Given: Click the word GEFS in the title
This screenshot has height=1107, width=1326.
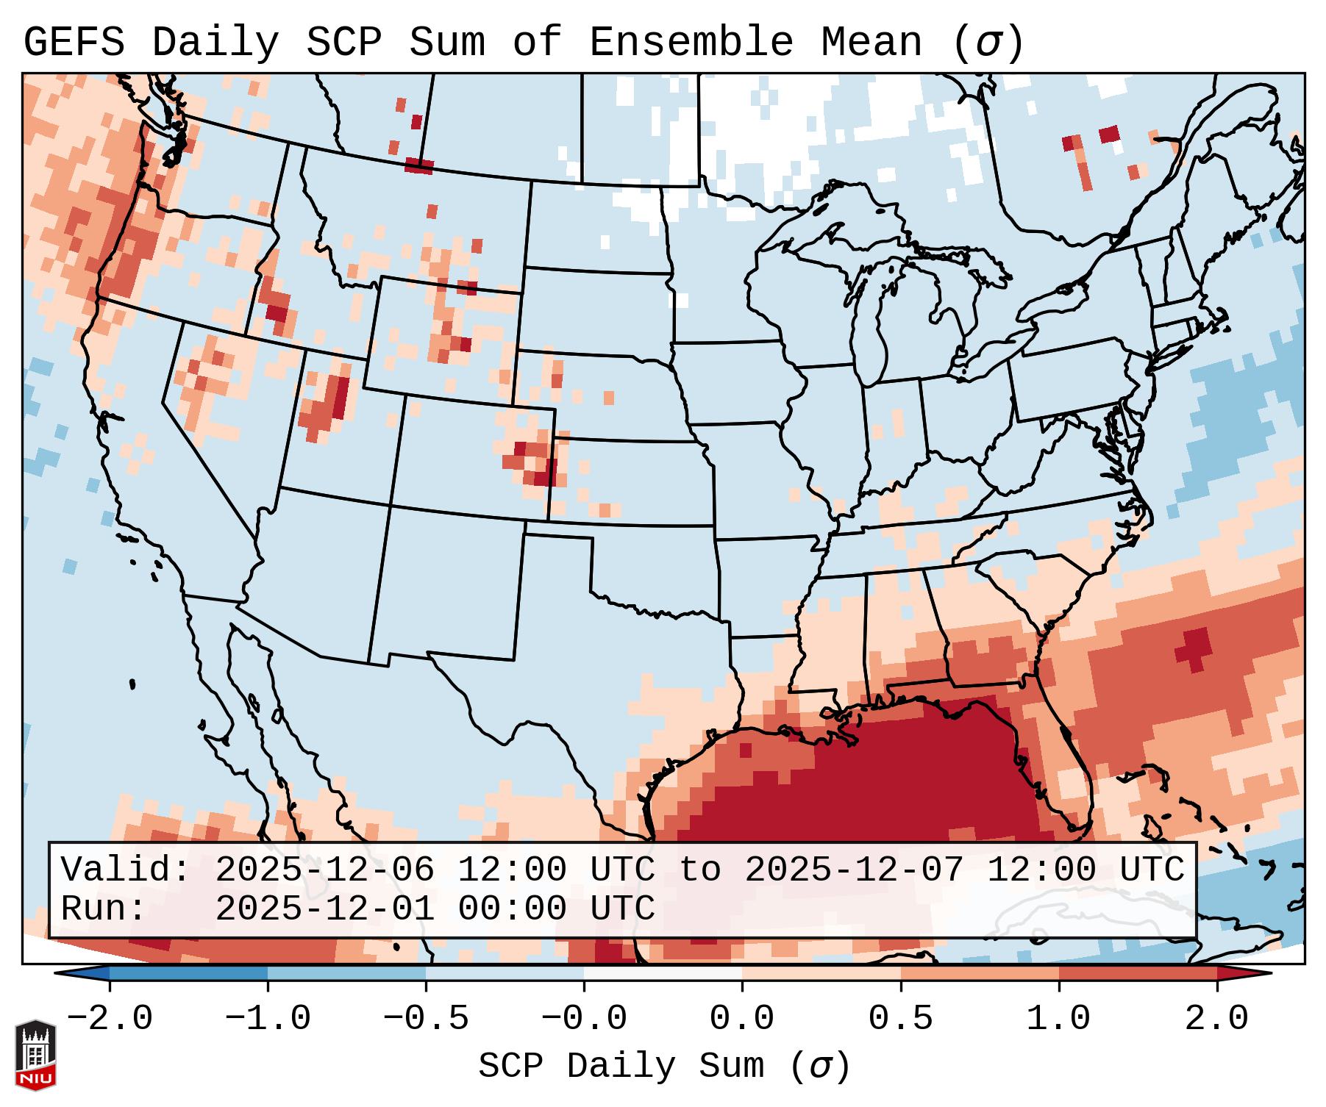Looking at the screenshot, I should pos(74,43).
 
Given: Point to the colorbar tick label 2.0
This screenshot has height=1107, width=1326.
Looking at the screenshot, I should pos(1216,1019).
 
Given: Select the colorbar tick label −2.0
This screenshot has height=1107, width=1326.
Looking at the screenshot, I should pos(109,1019).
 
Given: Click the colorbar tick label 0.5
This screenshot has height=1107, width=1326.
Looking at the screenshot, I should pos(900,1019).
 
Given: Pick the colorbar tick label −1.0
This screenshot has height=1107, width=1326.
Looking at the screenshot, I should pos(267,1019).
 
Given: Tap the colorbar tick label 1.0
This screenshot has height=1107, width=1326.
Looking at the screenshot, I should pos(1058,1019).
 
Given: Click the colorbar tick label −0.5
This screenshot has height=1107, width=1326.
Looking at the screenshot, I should pos(425,1019).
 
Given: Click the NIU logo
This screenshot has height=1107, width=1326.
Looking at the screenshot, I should pos(35,1055).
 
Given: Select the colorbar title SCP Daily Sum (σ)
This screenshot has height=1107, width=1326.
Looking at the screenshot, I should pos(664,1067).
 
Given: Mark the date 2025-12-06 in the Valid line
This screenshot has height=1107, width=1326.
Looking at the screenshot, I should pos(324,870).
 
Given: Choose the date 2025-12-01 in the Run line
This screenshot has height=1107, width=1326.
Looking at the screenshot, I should pos(324,909).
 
